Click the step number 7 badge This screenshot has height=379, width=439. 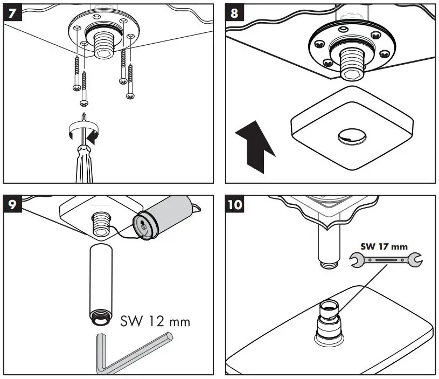pos(12,12)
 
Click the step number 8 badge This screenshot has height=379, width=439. pos(234,12)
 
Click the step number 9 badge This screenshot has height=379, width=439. pos(12,206)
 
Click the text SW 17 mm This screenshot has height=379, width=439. pos(384,246)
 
